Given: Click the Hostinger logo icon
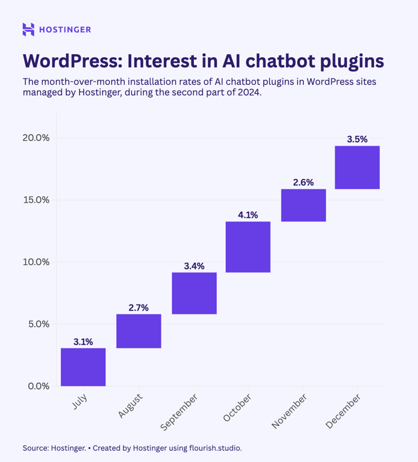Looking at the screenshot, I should click(x=28, y=29).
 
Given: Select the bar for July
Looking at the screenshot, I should click(x=83, y=367).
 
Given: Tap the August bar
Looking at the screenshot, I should click(x=139, y=331).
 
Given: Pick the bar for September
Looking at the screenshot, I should click(x=194, y=293).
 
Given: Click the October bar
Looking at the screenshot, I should click(x=248, y=247).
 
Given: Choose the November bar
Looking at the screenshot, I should click(x=304, y=205).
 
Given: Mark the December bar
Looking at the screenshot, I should click(x=357, y=167).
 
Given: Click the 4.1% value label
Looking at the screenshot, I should click(x=248, y=214).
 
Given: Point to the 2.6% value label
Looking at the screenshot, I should click(x=304, y=182).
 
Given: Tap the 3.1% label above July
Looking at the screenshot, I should click(x=83, y=341).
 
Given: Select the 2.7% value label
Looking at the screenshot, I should click(x=139, y=307).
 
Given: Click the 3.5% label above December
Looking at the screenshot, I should click(x=357, y=139).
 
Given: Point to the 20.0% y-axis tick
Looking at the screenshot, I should click(x=36, y=138).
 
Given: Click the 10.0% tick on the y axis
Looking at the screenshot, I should click(x=36, y=262).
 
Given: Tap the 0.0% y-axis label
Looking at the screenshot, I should click(x=38, y=386).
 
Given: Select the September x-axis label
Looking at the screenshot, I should click(x=179, y=413).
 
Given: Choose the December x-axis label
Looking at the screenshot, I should click(x=343, y=413).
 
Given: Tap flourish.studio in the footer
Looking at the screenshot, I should click(x=215, y=448).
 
